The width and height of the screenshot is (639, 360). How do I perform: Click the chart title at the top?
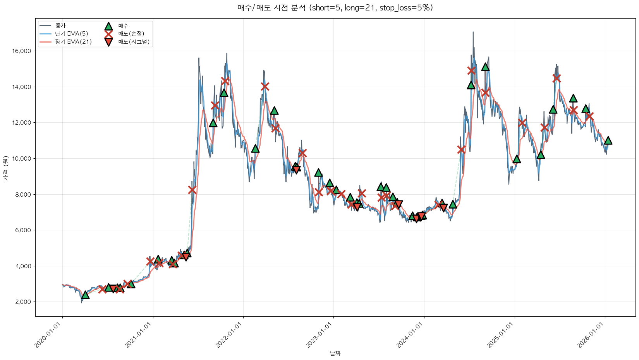point(335,8)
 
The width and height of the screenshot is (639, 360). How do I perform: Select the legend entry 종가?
point(60,26)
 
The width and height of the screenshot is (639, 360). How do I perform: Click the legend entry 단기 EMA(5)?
point(71,34)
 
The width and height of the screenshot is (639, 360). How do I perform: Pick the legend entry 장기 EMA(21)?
point(73,42)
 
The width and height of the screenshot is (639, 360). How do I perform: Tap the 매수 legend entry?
point(123,26)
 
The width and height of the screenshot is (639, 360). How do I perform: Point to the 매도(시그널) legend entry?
point(134,42)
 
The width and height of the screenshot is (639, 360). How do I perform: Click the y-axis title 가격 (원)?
point(5,168)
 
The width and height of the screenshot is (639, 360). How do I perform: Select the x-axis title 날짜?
point(335,353)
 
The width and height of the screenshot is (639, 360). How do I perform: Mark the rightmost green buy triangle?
point(608,141)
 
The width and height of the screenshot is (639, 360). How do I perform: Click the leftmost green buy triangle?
point(85,295)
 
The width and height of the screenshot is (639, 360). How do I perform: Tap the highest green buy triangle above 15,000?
point(485,67)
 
